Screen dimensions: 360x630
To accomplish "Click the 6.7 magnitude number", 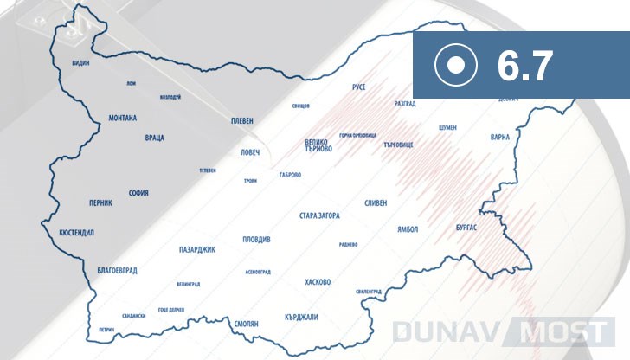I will pyautogui.click(x=525, y=66).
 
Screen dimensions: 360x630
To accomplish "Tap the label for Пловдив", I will pyautogui.click(x=256, y=239).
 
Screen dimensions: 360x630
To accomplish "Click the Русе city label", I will pyautogui.click(x=359, y=88).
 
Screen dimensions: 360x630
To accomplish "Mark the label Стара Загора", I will pyautogui.click(x=319, y=215).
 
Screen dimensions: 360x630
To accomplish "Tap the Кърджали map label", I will pyautogui.click(x=301, y=317).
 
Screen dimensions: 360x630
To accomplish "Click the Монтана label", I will pyautogui.click(x=123, y=118).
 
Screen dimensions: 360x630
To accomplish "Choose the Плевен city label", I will pyautogui.click(x=241, y=122).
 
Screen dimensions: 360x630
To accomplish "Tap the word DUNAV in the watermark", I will pyautogui.click(x=441, y=331).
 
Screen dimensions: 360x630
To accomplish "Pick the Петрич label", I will pyautogui.click(x=106, y=330).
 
